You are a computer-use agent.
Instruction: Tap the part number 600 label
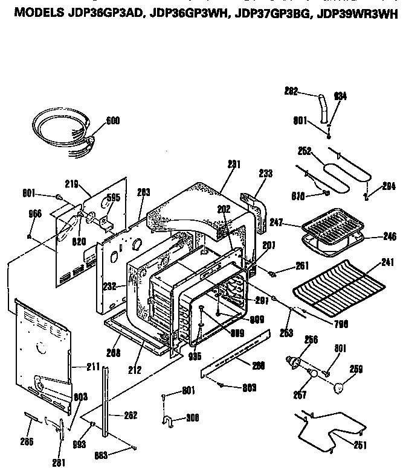coord(112,121)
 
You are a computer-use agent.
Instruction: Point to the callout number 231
coord(234,163)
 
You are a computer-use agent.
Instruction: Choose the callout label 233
coord(265,173)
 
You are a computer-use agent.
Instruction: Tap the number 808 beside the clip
coord(193,417)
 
